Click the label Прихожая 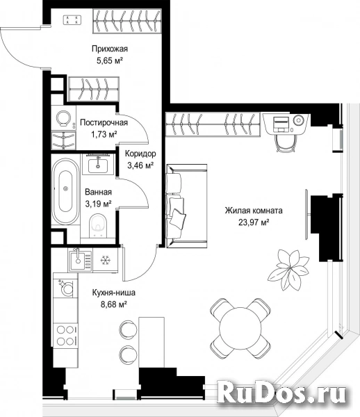click(110, 49)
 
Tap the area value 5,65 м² click(110, 61)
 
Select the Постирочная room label click(104, 122)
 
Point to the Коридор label click(140, 154)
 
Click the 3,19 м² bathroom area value click(98, 204)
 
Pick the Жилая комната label click(254, 211)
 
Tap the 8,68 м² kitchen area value click(113, 304)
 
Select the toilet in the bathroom click(98, 225)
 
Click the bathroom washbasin click(98, 163)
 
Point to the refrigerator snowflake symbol click(105, 260)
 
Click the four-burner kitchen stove click(65, 336)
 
